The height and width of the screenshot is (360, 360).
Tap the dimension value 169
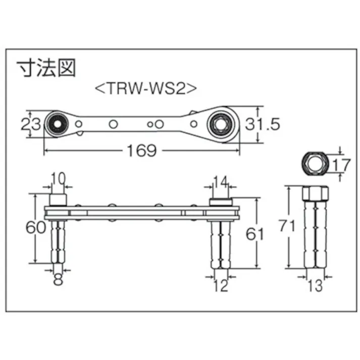click(142, 150)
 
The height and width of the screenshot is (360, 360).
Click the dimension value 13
click(315, 286)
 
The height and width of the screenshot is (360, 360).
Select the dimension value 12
click(221, 286)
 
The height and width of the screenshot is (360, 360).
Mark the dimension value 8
click(59, 280)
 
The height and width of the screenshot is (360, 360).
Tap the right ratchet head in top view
click(221, 122)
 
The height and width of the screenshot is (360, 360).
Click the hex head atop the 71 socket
click(315, 193)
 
